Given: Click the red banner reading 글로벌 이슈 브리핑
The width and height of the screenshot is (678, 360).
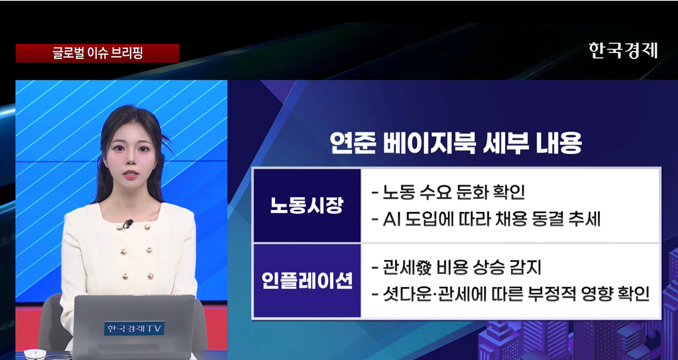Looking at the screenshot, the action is (97, 53).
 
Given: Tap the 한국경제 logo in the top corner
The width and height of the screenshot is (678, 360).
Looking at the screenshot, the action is (623, 50).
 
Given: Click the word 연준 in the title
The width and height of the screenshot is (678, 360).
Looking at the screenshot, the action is (353, 143).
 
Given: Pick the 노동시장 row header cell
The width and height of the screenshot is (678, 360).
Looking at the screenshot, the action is (307, 206).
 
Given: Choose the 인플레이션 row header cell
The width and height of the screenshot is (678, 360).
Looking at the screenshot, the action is (307, 281).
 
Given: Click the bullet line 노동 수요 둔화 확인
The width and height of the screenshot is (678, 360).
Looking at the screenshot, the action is (448, 192).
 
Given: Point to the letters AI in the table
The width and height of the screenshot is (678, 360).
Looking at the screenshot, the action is (392, 219).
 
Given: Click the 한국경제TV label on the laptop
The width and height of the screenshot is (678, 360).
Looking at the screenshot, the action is (134, 329).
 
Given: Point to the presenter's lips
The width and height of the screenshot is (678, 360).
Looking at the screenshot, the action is (131, 174).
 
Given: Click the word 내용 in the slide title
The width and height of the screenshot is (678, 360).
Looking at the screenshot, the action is (559, 143).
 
